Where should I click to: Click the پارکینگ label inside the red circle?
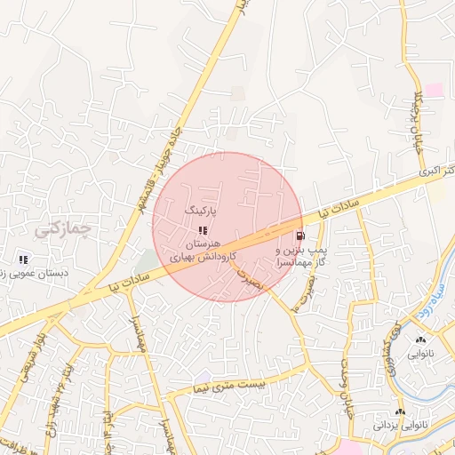[200, 211]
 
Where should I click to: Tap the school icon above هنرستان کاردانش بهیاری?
[202, 230]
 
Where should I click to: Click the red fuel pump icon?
[299, 236]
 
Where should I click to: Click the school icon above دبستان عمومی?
[23, 259]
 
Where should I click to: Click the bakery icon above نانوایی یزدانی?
[400, 412]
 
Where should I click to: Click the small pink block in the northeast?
[434, 90]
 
